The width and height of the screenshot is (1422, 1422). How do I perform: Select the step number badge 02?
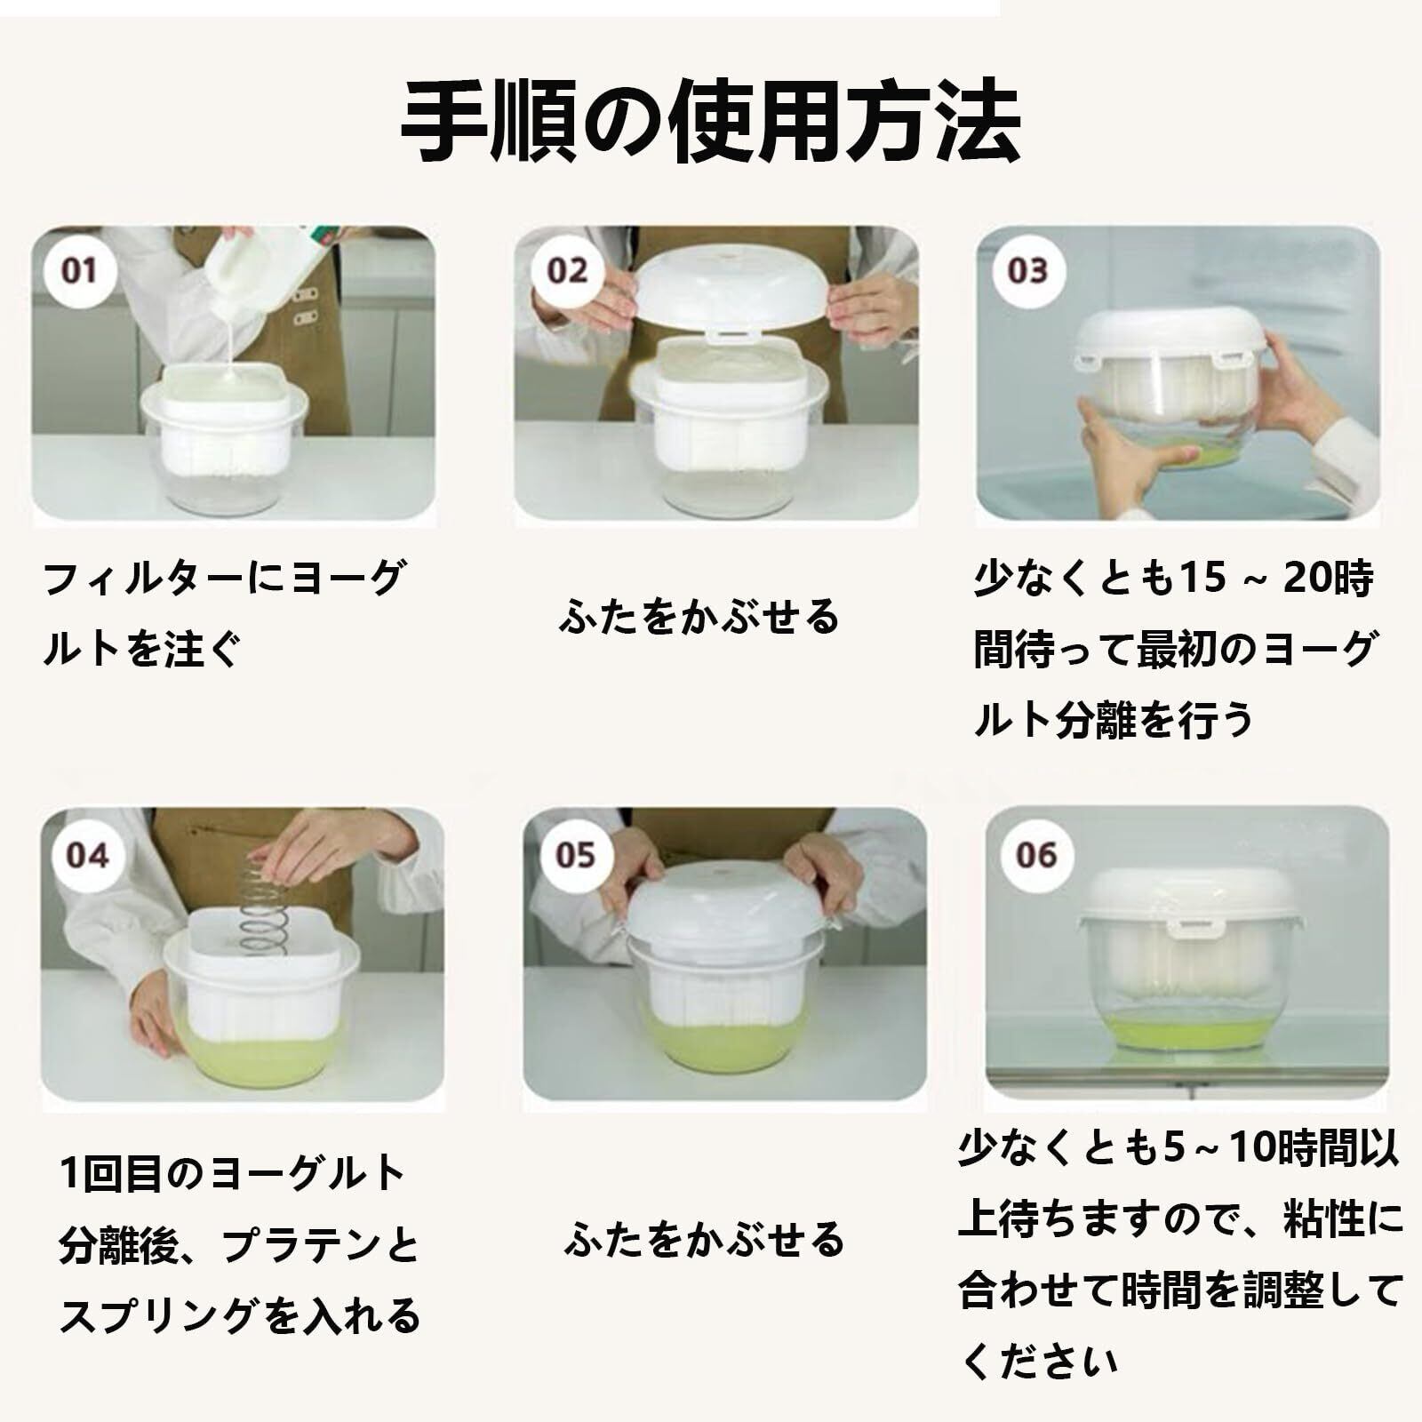567,270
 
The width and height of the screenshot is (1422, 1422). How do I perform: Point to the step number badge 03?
1027,270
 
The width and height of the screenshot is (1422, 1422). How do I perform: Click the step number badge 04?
87,855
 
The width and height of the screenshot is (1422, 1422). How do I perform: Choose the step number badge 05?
574,855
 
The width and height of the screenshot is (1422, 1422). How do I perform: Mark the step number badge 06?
1036,855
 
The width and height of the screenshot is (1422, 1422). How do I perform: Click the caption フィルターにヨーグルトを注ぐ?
222,613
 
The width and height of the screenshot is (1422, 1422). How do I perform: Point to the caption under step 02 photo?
699,617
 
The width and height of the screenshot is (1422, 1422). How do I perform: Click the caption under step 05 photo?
704,1239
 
